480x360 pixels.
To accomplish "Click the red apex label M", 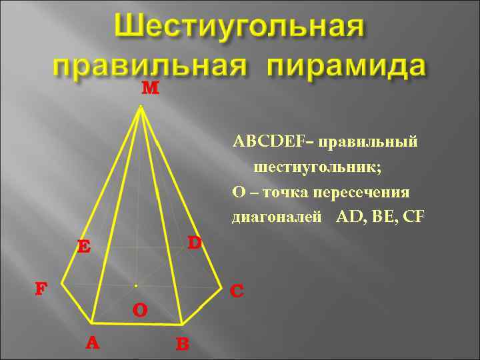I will pyautogui.click(x=151, y=89).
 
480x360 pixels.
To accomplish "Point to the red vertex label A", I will pyautogui.click(x=93, y=343).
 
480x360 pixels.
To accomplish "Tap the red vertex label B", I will pyautogui.click(x=183, y=345).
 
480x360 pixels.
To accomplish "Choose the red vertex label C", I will pyautogui.click(x=237, y=291).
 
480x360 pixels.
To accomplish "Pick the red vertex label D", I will pyautogui.click(x=194, y=243).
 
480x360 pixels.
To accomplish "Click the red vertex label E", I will pyautogui.click(x=83, y=247).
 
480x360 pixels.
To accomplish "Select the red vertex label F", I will pyautogui.click(x=41, y=289).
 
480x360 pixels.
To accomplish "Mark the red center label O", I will pyautogui.click(x=139, y=311).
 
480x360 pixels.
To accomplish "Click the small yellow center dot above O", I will pyautogui.click(x=135, y=285).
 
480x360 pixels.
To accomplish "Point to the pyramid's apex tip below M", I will pyautogui.click(x=141, y=106).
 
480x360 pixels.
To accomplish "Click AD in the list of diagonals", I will pyautogui.click(x=351, y=217).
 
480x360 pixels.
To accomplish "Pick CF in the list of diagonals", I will pyautogui.click(x=413, y=217).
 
